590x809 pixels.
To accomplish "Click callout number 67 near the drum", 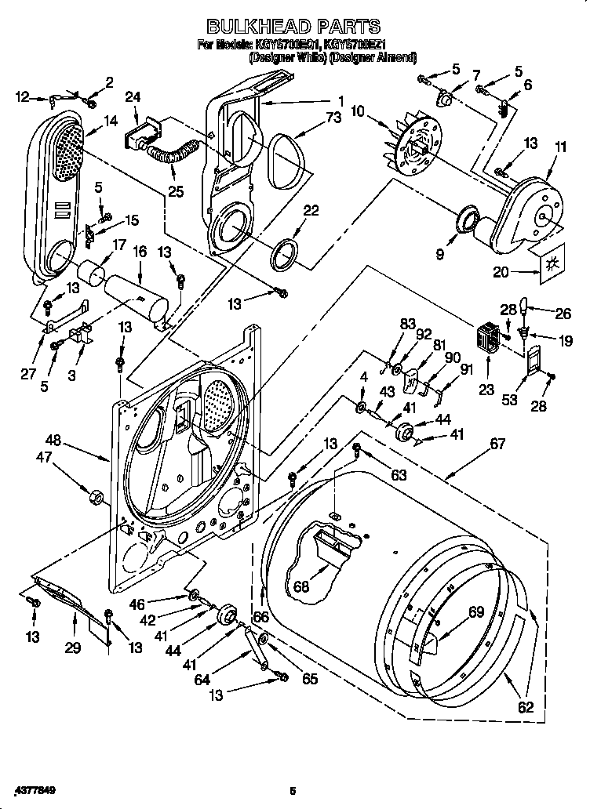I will point(497,444).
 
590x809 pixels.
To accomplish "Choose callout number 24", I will point(133,97).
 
